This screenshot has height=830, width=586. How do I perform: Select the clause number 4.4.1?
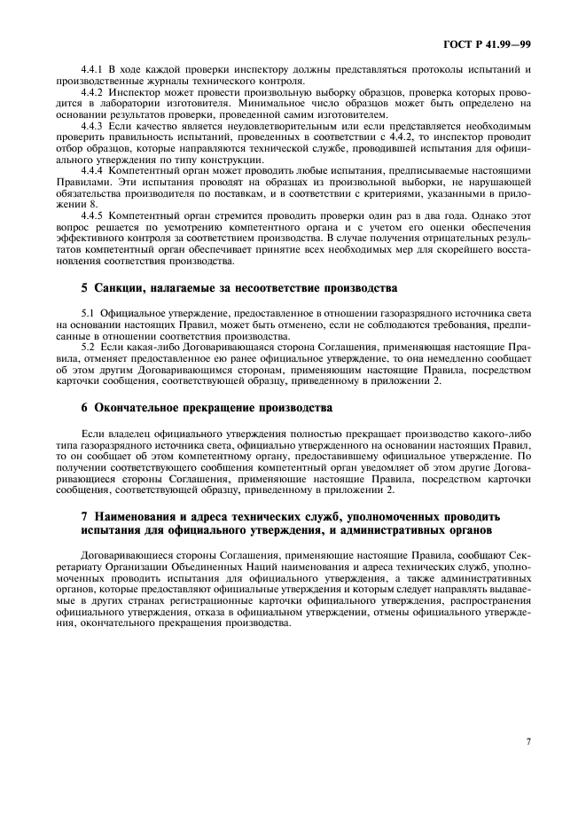[94, 70]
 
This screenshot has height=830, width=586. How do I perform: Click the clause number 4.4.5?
[94, 215]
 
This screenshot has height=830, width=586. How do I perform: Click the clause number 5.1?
[88, 315]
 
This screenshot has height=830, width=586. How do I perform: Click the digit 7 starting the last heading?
[83, 515]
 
